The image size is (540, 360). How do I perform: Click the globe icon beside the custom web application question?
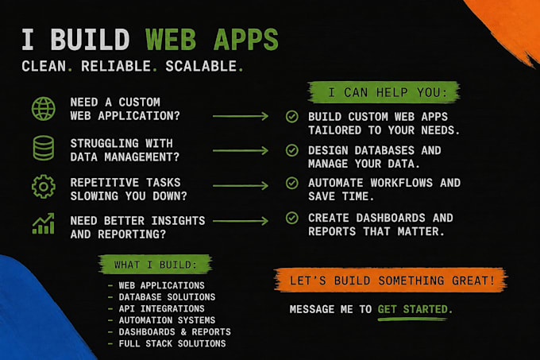(x=44, y=109)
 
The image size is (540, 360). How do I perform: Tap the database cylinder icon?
(x=44, y=148)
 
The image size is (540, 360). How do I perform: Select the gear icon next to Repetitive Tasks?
(x=44, y=187)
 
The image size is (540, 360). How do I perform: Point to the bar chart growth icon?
(x=44, y=223)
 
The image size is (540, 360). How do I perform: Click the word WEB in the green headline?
(x=171, y=40)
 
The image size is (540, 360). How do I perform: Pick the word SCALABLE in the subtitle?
(x=201, y=66)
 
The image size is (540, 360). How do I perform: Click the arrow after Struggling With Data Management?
(x=241, y=150)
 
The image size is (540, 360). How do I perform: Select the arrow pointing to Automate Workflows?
(x=241, y=186)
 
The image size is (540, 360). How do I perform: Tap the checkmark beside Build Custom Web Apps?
(x=292, y=117)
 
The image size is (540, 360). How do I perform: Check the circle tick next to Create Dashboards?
(x=292, y=218)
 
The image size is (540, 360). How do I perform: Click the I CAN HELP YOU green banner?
(x=384, y=92)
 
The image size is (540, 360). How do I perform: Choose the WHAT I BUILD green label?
(x=156, y=265)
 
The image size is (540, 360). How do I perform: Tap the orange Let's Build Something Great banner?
(x=391, y=280)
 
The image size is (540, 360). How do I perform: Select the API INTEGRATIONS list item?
(x=161, y=308)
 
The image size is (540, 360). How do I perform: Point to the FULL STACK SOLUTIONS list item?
(x=172, y=344)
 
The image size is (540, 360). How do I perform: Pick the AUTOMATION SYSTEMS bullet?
(x=167, y=320)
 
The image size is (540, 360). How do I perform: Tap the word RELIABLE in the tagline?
(x=116, y=66)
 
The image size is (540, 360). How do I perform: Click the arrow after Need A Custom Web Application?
(x=241, y=116)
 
